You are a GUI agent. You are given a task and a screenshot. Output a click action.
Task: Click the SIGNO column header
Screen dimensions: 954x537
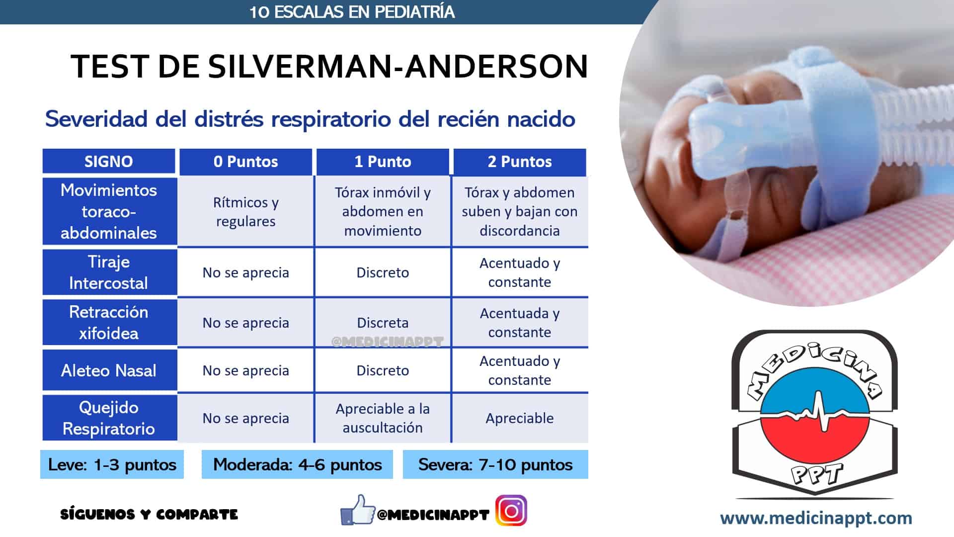click(x=109, y=162)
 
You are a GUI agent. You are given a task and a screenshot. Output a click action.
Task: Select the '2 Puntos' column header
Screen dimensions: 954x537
click(x=520, y=162)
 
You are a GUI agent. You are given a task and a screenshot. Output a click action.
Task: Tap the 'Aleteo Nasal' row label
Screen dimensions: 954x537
click(x=109, y=370)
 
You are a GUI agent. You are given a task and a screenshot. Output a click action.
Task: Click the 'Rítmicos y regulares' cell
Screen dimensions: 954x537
click(x=246, y=212)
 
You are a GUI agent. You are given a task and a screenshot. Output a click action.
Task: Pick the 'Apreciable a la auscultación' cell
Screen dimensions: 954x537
click(x=383, y=418)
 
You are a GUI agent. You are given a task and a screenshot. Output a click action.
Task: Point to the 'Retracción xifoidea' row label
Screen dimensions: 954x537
click(x=109, y=322)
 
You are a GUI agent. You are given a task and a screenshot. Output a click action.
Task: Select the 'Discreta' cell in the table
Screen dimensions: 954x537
click(x=383, y=323)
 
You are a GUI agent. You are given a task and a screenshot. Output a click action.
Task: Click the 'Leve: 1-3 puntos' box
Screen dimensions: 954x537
click(x=112, y=464)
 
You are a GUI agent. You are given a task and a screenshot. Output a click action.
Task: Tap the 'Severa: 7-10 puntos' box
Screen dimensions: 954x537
click(x=495, y=464)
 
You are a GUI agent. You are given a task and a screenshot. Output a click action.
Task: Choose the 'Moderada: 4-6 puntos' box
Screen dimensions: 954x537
click(x=297, y=464)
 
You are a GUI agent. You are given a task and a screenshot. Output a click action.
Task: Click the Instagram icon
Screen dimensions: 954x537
click(x=511, y=511)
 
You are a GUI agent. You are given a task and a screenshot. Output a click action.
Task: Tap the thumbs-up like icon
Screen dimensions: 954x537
click(x=358, y=510)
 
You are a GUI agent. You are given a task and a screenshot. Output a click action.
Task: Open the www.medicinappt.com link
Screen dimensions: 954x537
click(x=816, y=518)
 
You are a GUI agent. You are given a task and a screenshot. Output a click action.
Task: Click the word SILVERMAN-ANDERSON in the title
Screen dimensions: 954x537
click(x=398, y=66)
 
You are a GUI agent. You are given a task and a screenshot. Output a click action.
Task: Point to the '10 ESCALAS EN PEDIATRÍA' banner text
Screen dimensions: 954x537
click(x=352, y=12)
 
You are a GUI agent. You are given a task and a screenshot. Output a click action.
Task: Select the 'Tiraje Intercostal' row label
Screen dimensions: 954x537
click(x=109, y=272)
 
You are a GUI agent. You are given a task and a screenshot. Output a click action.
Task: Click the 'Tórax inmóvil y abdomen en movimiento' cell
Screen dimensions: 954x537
click(x=383, y=212)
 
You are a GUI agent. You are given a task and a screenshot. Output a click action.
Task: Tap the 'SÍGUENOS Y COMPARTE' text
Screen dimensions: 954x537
click(x=149, y=514)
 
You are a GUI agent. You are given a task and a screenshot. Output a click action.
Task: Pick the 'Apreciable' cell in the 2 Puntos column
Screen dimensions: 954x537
click(x=520, y=418)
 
